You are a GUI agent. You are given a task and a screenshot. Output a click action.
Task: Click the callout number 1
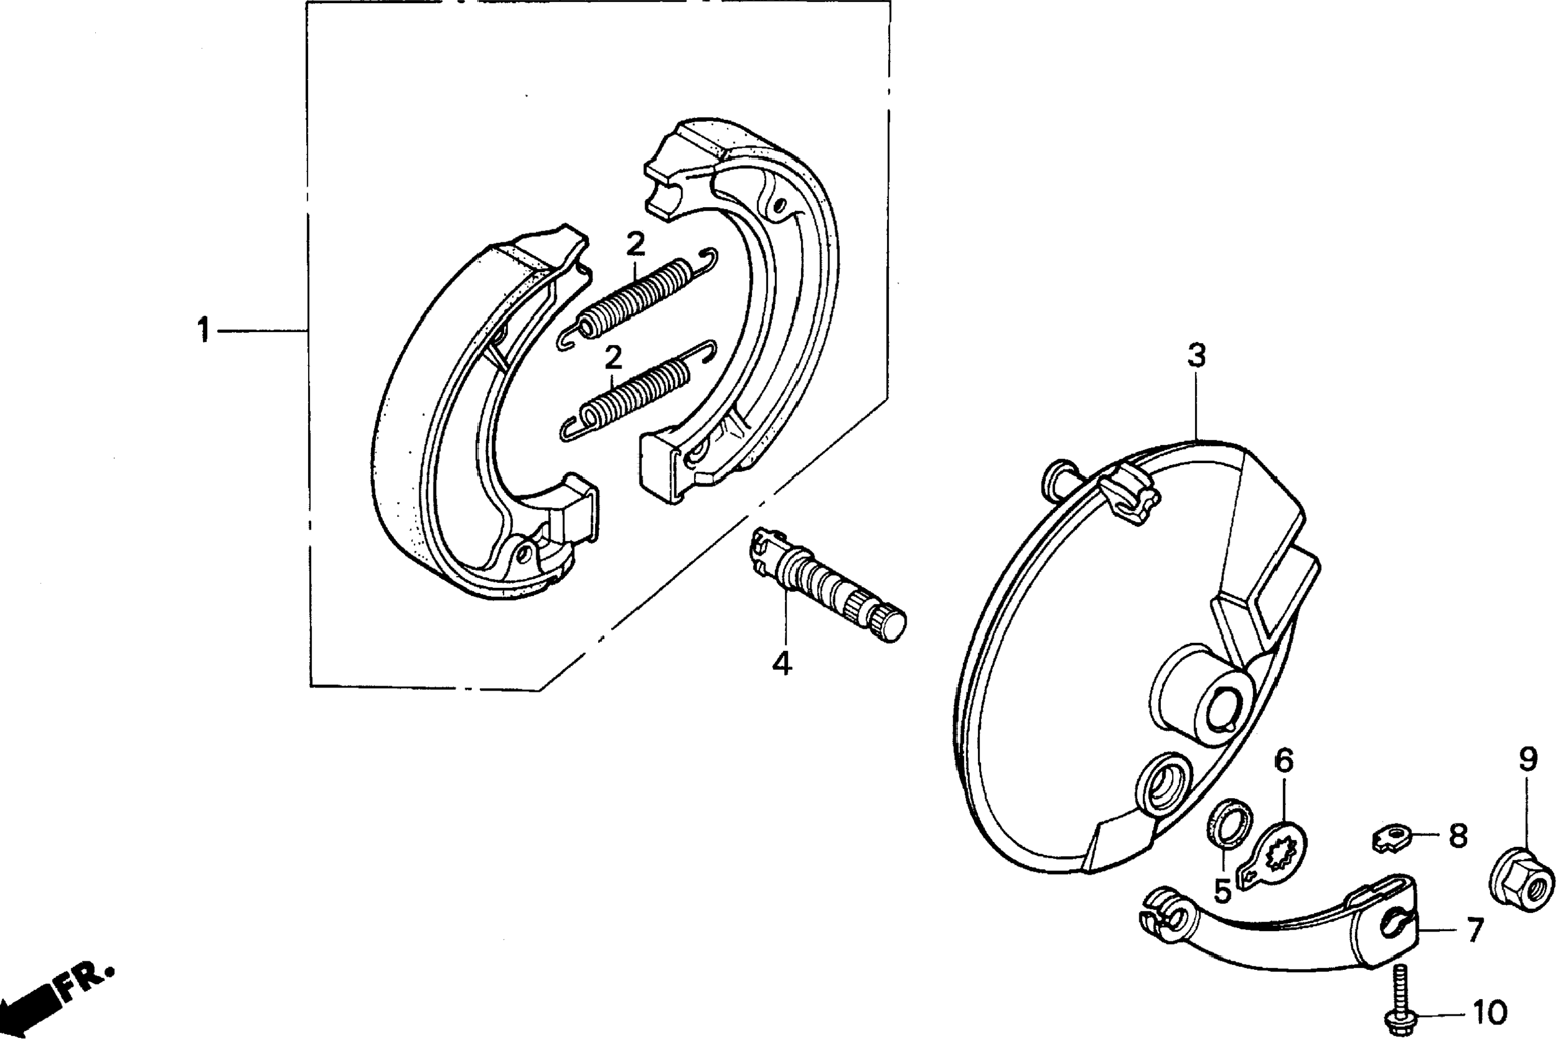coord(203,330)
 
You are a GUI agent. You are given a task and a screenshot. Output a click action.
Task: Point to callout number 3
coord(1196,355)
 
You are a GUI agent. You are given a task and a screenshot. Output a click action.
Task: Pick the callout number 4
coord(781,663)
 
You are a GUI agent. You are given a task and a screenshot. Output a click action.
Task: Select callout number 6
coord(1283,760)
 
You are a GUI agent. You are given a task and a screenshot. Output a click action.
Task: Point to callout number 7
coord(1474,930)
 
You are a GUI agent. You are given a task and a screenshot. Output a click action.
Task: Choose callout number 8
coord(1458,836)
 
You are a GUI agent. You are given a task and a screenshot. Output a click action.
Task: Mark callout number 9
coord(1527,759)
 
